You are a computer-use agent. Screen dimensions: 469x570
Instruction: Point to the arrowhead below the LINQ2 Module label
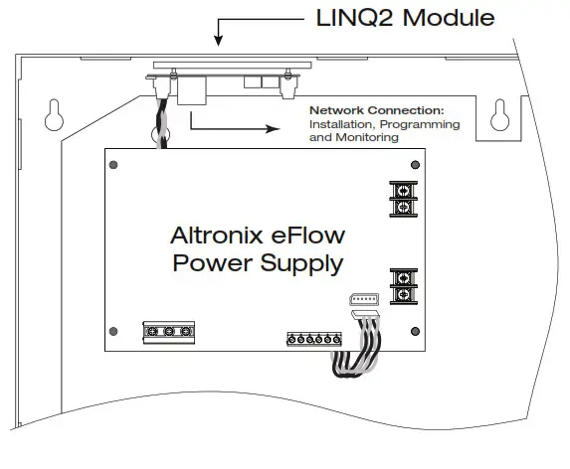click(217, 40)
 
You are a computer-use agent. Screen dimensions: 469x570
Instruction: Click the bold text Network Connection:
click(377, 110)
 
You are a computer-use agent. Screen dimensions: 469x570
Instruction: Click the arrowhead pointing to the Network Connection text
click(275, 126)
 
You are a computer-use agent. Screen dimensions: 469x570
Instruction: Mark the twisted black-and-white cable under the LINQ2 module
click(159, 124)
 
